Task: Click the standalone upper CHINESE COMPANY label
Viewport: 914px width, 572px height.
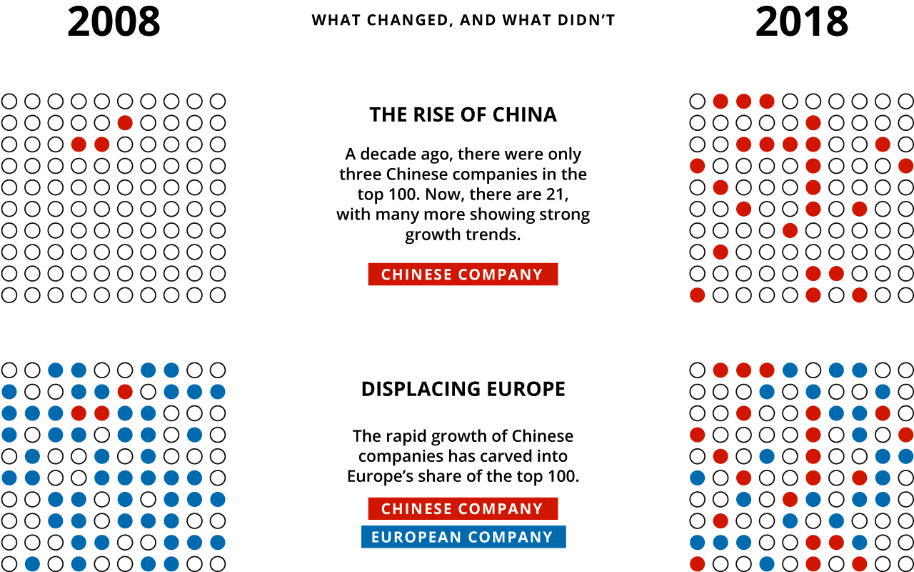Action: (x=463, y=275)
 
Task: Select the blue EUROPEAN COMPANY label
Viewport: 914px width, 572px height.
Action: (x=463, y=537)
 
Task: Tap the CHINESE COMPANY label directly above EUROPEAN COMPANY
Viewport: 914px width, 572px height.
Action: (x=463, y=508)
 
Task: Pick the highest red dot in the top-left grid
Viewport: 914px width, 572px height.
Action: (x=125, y=123)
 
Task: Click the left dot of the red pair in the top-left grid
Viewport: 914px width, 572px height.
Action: (x=79, y=144)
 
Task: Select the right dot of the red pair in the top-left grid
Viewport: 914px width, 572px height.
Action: (x=102, y=144)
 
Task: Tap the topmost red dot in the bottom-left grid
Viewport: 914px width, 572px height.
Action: (x=125, y=392)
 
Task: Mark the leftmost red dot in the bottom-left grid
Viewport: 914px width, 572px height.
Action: (x=79, y=413)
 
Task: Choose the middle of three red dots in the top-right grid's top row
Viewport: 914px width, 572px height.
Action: (x=743, y=102)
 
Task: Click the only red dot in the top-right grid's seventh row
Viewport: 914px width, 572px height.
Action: (x=790, y=230)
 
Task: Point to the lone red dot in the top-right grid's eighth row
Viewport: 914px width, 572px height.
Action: (x=720, y=252)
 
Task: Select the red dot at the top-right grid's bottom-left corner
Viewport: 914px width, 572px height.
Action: (x=698, y=295)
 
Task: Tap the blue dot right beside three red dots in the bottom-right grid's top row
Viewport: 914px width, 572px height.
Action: (x=790, y=370)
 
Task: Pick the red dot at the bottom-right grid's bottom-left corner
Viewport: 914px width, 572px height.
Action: (x=698, y=563)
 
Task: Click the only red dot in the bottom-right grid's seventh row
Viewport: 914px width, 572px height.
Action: (x=790, y=499)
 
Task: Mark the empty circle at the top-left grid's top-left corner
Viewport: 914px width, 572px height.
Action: (x=9, y=102)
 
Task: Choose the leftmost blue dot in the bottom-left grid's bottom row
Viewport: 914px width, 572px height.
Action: (x=32, y=563)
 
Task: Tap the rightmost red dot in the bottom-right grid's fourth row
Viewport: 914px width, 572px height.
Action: (x=905, y=435)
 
